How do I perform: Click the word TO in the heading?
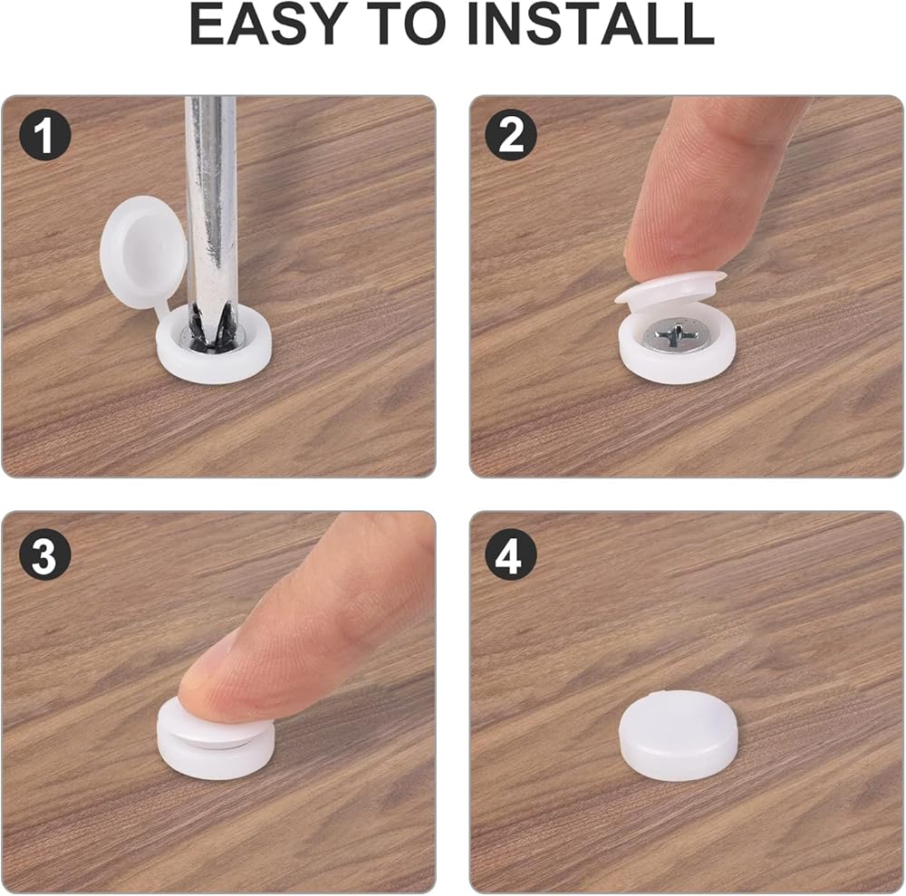click(x=406, y=24)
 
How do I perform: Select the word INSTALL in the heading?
click(x=590, y=24)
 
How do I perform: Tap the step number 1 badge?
click(x=45, y=136)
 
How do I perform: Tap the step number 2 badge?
click(x=511, y=136)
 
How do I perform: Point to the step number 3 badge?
click(x=45, y=555)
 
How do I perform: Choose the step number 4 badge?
click(x=511, y=555)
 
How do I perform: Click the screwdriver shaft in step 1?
click(x=211, y=202)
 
